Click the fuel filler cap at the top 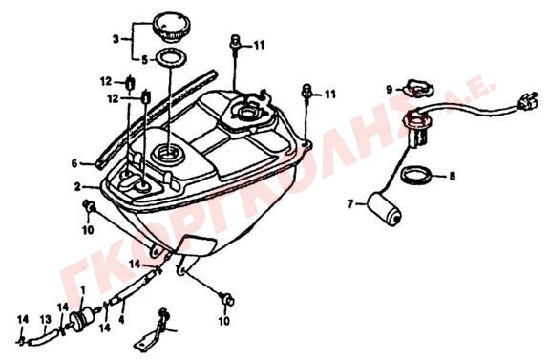pyautogui.click(x=172, y=28)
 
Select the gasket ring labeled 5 pyautogui.click(x=171, y=58)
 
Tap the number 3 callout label pyautogui.click(x=116, y=39)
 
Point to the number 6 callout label pyautogui.click(x=74, y=163)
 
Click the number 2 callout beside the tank pyautogui.click(x=77, y=186)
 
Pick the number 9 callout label pyautogui.click(x=390, y=90)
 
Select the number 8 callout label pyautogui.click(x=452, y=176)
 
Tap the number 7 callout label pyautogui.click(x=350, y=203)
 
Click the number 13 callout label pyautogui.click(x=46, y=319)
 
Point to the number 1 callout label pyautogui.click(x=83, y=290)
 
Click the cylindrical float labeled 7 pyautogui.click(x=384, y=209)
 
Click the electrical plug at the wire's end pyautogui.click(x=527, y=99)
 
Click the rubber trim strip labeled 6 pyautogui.click(x=157, y=118)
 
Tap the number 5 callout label pyautogui.click(x=144, y=60)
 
